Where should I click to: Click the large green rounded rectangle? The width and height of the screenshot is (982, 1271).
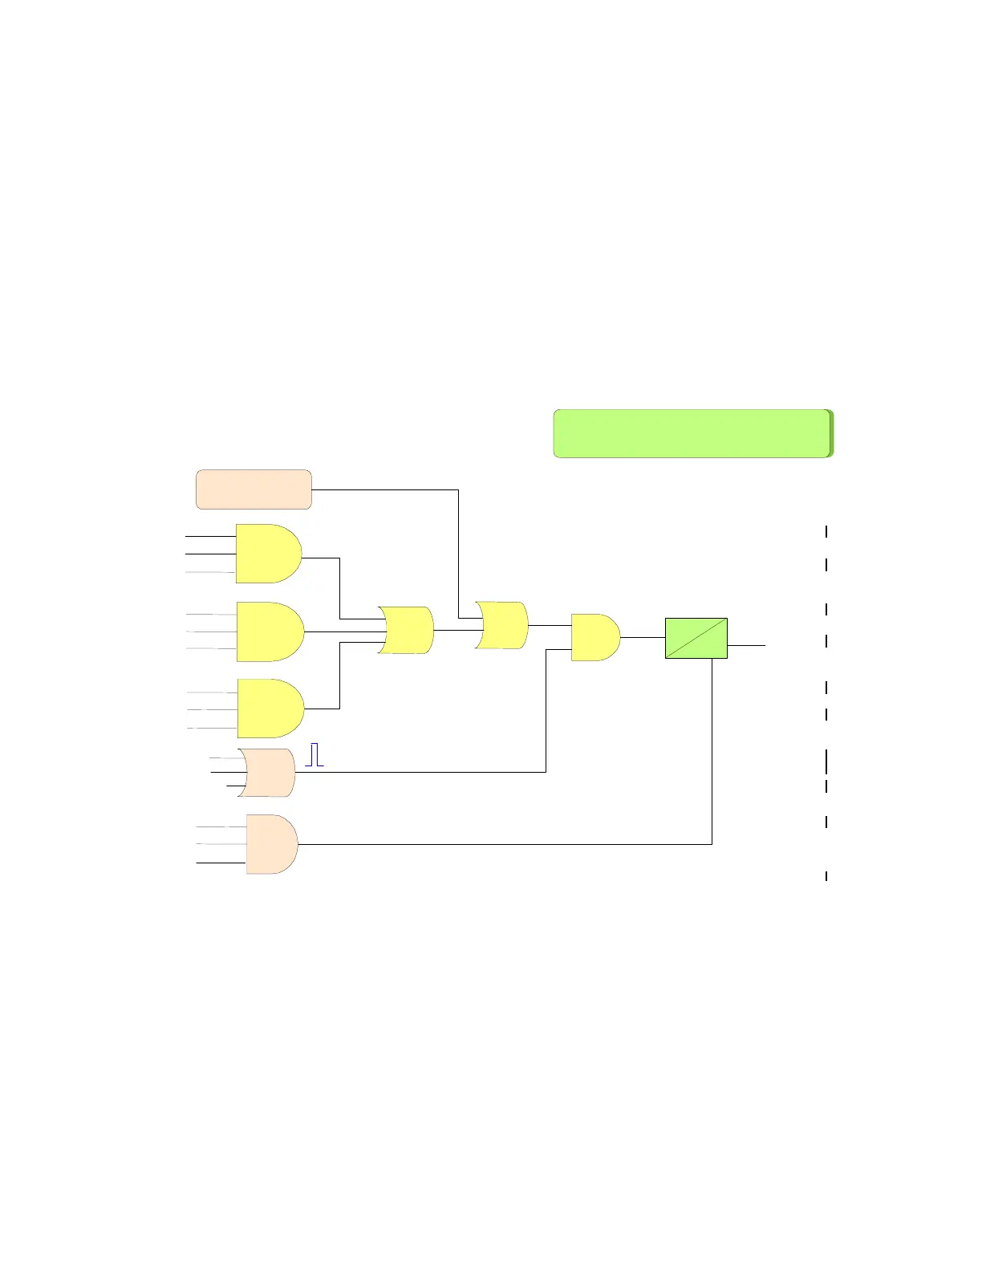(x=692, y=433)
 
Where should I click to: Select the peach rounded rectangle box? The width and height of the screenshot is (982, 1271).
(x=254, y=489)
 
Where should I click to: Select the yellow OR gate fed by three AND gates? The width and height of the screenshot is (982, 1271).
(x=407, y=630)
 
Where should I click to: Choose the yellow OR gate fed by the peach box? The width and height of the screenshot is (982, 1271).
(x=502, y=625)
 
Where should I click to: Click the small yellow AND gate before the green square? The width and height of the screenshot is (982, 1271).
(x=594, y=637)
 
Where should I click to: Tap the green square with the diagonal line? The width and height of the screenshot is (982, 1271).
(x=696, y=638)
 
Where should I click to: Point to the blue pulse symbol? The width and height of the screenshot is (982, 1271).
(x=314, y=754)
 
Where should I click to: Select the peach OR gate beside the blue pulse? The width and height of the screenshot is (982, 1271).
(x=268, y=773)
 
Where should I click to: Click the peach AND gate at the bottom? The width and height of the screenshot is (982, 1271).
(x=271, y=844)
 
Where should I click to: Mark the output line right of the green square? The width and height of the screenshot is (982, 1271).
(x=746, y=644)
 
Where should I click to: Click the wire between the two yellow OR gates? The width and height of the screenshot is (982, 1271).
(x=456, y=630)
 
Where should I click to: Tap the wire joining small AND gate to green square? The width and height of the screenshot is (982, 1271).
(x=643, y=637)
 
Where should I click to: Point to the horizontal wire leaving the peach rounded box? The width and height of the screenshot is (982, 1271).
(x=385, y=489)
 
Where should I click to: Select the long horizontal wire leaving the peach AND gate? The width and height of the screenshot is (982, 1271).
(x=505, y=844)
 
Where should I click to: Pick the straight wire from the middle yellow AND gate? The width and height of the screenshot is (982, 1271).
(x=341, y=631)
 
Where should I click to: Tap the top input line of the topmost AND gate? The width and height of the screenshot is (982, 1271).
(x=210, y=535)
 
